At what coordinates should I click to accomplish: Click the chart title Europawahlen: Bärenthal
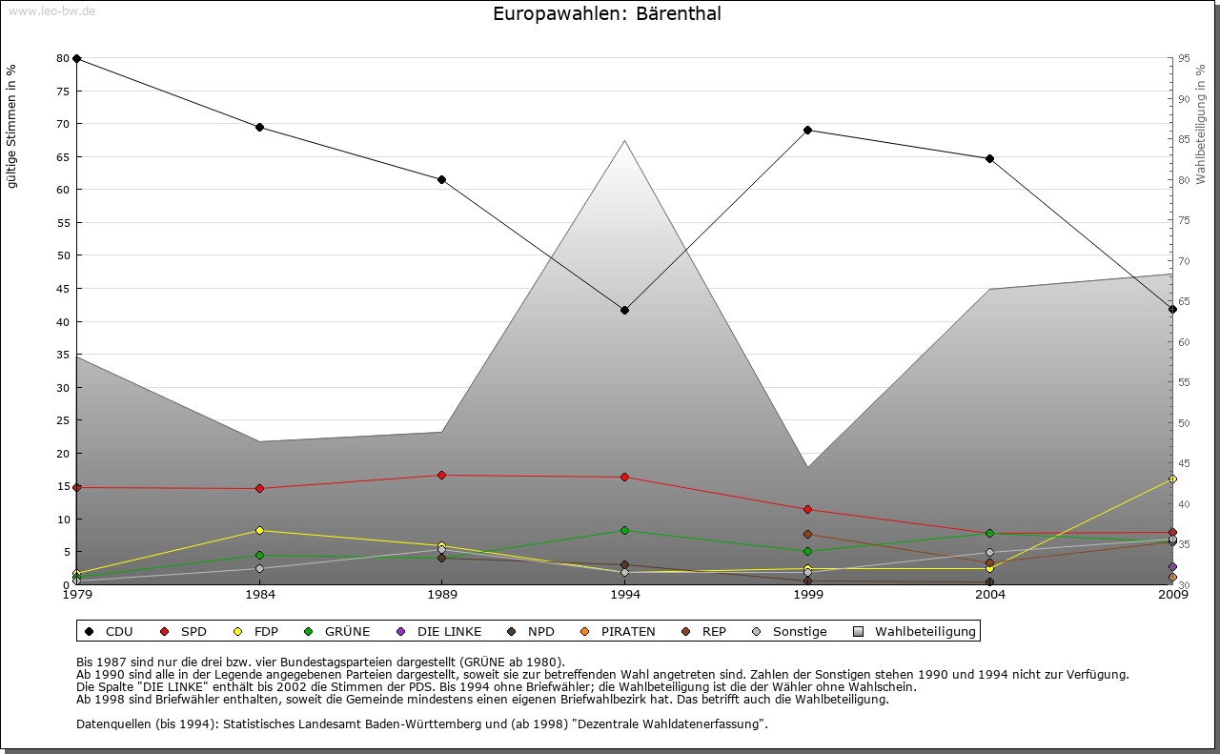(x=607, y=14)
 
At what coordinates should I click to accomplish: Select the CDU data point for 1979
(x=76, y=58)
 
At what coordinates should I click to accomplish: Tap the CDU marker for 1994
(x=624, y=310)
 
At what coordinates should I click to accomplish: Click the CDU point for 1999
(x=807, y=130)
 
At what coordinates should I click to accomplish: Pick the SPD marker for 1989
(x=441, y=475)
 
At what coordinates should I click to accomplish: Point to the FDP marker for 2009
(x=1172, y=479)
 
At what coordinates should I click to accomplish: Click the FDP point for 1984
(x=259, y=530)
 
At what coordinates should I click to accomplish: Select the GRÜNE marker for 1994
(x=624, y=530)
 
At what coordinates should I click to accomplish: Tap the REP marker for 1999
(x=807, y=534)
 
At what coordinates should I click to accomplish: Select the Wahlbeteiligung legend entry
(x=914, y=631)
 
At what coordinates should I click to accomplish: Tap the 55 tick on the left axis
(x=63, y=222)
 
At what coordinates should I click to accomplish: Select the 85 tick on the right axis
(x=1184, y=139)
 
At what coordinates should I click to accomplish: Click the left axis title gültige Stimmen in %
(x=11, y=126)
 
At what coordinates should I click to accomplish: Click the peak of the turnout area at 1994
(x=624, y=141)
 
